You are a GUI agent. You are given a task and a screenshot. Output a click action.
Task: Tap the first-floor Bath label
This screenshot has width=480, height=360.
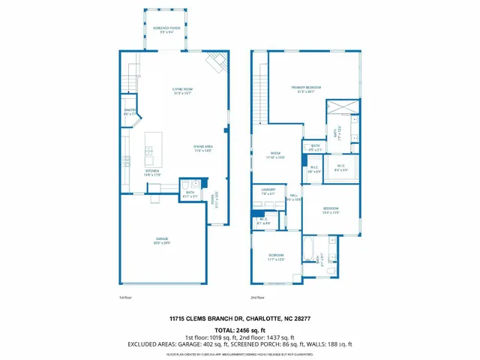[x=190, y=194]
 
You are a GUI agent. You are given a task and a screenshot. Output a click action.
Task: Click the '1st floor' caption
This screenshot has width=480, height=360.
[x=126, y=297]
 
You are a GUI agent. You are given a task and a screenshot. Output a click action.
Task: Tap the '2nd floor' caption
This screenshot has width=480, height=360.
[x=257, y=297]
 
